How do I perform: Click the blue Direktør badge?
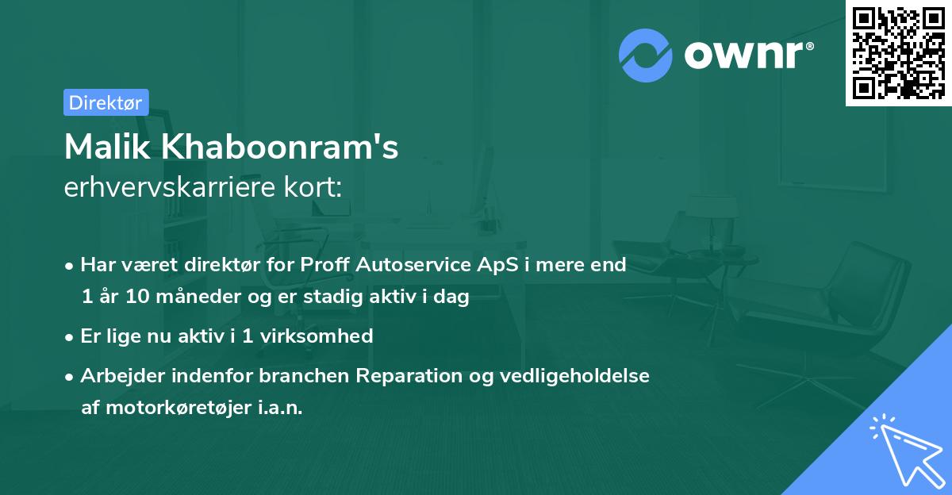(x=106, y=102)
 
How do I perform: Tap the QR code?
(x=897, y=53)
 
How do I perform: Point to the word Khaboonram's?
(x=274, y=148)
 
